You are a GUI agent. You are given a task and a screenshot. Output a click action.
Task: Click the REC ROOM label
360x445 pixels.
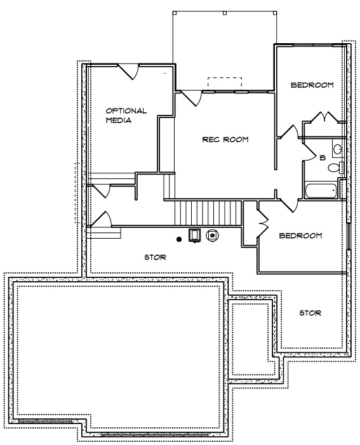coord(225,140)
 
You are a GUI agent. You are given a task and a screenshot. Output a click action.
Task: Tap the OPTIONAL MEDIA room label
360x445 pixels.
coord(126,116)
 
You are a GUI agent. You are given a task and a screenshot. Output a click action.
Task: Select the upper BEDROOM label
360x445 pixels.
coord(312,85)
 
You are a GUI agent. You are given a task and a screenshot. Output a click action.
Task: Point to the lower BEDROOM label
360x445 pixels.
coord(300,236)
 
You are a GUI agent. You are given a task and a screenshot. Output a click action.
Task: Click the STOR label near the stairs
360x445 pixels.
coord(156,257)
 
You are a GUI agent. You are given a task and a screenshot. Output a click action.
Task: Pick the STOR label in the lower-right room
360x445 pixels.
coord(310,313)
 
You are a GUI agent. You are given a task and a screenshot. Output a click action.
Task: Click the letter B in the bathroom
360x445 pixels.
coord(323,158)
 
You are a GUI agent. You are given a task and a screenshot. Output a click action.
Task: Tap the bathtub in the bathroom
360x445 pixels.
coord(321,191)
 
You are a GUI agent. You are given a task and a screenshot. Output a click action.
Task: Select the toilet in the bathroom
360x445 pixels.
coord(336,168)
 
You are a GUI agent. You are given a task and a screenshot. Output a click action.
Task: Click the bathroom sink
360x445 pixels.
coord(337,149)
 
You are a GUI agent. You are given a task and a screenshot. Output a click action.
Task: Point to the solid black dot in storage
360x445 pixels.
coord(179,239)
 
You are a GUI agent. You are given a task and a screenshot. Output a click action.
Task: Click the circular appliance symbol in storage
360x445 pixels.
coord(212,235)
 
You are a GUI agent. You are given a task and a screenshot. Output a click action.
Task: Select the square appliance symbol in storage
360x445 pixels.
coord(194,236)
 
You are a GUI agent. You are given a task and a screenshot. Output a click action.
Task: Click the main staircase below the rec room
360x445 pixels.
coord(208,213)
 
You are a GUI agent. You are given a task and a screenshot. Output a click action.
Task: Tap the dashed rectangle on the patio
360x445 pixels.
coord(225,83)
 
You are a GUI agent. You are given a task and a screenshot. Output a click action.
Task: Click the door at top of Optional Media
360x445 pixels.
coord(128,72)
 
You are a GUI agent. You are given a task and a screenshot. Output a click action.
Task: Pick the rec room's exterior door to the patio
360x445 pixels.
coord(191,98)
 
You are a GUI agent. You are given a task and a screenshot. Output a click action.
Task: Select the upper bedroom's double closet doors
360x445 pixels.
coord(324,117)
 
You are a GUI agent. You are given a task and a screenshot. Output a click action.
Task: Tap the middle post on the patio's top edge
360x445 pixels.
coord(225,13)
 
